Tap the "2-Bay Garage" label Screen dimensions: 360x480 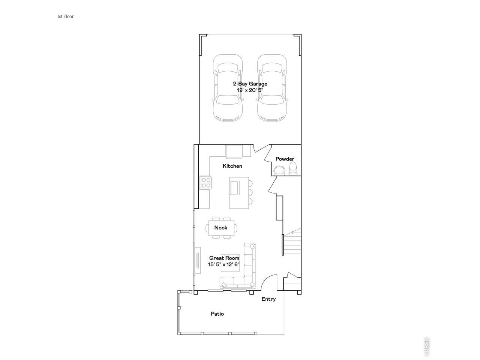[250, 84]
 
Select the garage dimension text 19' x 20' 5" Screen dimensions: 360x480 [250, 90]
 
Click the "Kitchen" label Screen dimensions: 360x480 [232, 166]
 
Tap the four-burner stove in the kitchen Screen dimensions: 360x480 [206, 183]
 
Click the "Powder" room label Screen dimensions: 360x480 [285, 159]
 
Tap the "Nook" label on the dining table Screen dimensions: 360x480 [221, 228]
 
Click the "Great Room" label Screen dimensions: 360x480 [224, 258]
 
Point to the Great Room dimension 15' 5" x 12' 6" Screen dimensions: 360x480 [224, 264]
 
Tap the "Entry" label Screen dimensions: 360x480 [268, 299]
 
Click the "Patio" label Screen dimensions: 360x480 [217, 314]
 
